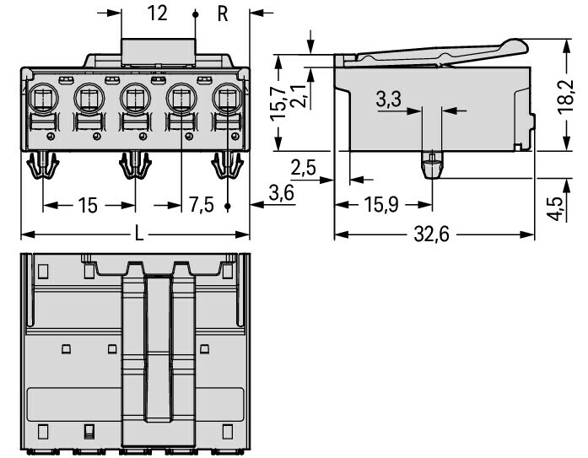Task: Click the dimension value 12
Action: (156, 13)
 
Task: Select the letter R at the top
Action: (223, 13)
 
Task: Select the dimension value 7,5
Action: (202, 205)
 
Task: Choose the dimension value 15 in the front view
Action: (88, 205)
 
